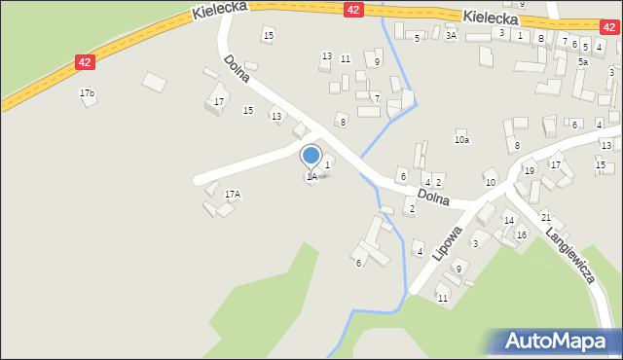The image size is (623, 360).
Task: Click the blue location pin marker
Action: [311, 156]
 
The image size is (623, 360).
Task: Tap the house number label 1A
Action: [311, 177]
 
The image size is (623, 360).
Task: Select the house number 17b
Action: [88, 93]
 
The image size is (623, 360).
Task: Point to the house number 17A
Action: [232, 195]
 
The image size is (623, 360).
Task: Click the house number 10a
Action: [461, 140]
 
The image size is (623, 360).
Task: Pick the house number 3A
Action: [451, 35]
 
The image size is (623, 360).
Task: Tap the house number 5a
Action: [582, 61]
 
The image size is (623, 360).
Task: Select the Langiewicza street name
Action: [570, 256]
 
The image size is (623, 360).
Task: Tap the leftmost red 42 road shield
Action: [85, 62]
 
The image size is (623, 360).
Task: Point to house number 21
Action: [546, 217]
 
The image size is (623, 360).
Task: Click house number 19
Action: [529, 171]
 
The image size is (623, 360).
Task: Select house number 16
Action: [522, 235]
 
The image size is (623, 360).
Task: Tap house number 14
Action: [508, 221]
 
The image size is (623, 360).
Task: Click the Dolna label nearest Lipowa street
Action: [434, 198]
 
